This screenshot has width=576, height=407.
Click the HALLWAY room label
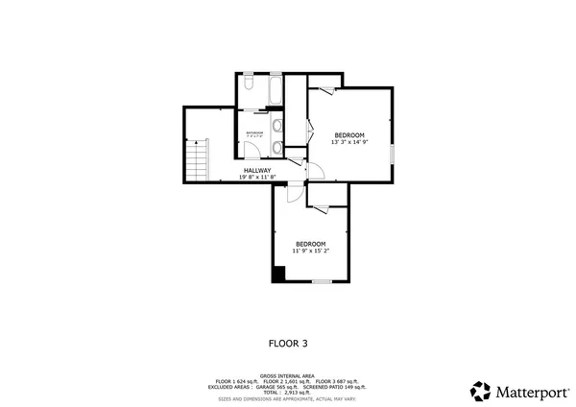(256, 170)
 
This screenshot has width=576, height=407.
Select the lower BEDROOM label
(310, 243)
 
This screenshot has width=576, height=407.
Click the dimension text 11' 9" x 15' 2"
(310, 251)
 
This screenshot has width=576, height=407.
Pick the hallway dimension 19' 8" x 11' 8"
(256, 178)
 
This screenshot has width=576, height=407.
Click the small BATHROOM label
(253, 132)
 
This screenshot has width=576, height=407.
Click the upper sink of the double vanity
(276, 126)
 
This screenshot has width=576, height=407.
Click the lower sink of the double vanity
(276, 147)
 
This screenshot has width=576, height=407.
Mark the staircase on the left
(197, 159)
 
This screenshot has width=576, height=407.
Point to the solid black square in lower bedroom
(278, 275)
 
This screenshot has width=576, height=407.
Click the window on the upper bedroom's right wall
(393, 134)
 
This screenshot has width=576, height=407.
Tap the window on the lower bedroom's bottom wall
(322, 282)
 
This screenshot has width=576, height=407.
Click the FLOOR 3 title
(287, 342)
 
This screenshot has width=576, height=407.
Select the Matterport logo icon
(481, 391)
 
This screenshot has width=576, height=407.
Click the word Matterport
(530, 391)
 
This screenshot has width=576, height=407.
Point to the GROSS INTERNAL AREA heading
(287, 376)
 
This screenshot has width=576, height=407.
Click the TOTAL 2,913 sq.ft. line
(287, 393)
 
